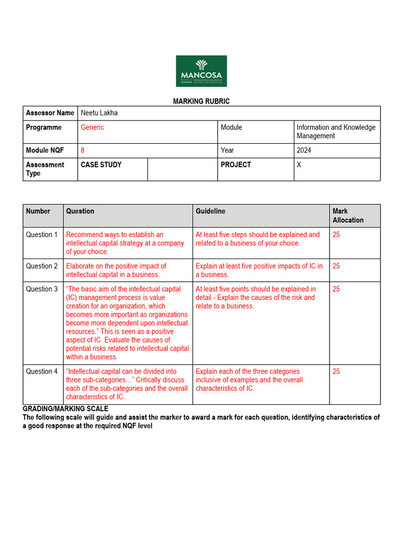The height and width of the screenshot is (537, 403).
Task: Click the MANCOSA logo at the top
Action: (201, 71)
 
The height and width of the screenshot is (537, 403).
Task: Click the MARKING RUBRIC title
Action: (201, 101)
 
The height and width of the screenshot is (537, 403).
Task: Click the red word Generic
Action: (92, 127)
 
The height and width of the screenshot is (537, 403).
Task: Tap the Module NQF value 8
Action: (83, 150)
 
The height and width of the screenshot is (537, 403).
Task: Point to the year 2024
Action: (304, 150)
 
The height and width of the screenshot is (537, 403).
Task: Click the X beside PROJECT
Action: (299, 165)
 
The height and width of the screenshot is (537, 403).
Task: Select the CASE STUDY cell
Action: (101, 165)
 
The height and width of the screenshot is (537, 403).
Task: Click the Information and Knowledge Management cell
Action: (336, 132)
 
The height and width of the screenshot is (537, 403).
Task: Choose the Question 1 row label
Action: (42, 234)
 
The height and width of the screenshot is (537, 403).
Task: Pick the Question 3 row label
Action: (42, 289)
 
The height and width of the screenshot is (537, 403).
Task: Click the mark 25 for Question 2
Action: (336, 266)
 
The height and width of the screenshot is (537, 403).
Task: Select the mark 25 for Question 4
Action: (336, 371)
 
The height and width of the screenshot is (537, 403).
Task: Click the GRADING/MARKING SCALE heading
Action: (66, 409)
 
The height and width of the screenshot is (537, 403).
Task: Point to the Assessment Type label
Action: (45, 169)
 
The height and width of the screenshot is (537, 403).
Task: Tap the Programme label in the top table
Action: (44, 127)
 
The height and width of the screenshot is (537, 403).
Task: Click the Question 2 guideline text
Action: (259, 270)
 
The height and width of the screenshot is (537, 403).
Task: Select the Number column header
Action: (38, 211)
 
